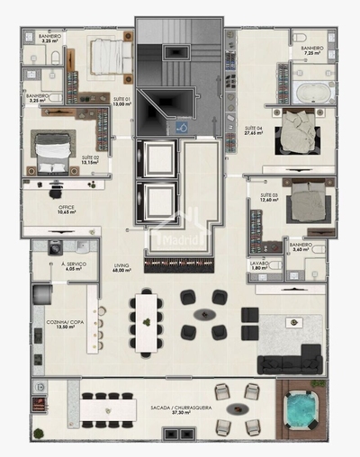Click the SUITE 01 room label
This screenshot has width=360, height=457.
[x=121, y=101]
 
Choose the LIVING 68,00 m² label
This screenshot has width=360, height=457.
[x=121, y=268]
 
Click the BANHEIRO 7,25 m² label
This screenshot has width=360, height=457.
[x=312, y=51]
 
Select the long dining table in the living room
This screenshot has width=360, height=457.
[x=145, y=321]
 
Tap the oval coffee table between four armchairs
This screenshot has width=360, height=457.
[x=205, y=314]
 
